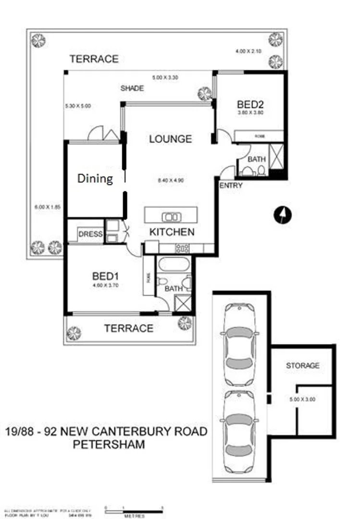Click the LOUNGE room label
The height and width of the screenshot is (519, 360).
[170, 139]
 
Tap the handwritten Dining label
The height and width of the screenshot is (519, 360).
[95, 179]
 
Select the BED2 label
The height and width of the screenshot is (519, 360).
[248, 104]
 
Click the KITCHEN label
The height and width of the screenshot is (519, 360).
[172, 232]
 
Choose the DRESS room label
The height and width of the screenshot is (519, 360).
[90, 234]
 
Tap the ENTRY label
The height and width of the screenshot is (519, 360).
[231, 185]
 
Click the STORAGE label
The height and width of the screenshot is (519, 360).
[302, 366]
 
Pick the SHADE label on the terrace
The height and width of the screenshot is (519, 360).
[132, 88]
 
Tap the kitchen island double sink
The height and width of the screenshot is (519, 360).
[171, 216]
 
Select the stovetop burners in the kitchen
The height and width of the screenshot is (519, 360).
[182, 248]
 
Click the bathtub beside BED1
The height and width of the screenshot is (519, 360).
[174, 264]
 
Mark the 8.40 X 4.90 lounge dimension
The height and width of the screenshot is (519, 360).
[170, 181]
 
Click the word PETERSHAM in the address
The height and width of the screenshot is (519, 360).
[109, 444]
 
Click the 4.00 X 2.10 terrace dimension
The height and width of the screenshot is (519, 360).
[248, 51]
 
